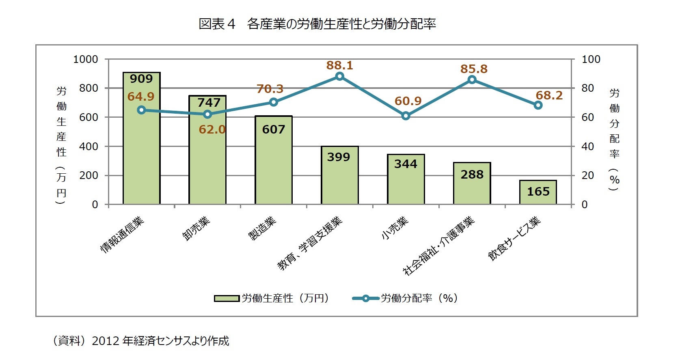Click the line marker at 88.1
[340, 76]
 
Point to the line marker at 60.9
[406, 116]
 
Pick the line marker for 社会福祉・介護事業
[472, 80]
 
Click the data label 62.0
[212, 129]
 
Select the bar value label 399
[339, 157]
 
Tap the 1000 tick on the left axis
[85, 59]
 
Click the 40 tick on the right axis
[587, 147]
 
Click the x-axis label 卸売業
[196, 229]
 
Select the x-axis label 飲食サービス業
[514, 238]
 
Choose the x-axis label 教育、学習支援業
[310, 244]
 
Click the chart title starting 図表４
[317, 24]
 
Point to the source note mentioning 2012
[140, 341]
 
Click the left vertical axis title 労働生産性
[61, 122]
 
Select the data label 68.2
[549, 95]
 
